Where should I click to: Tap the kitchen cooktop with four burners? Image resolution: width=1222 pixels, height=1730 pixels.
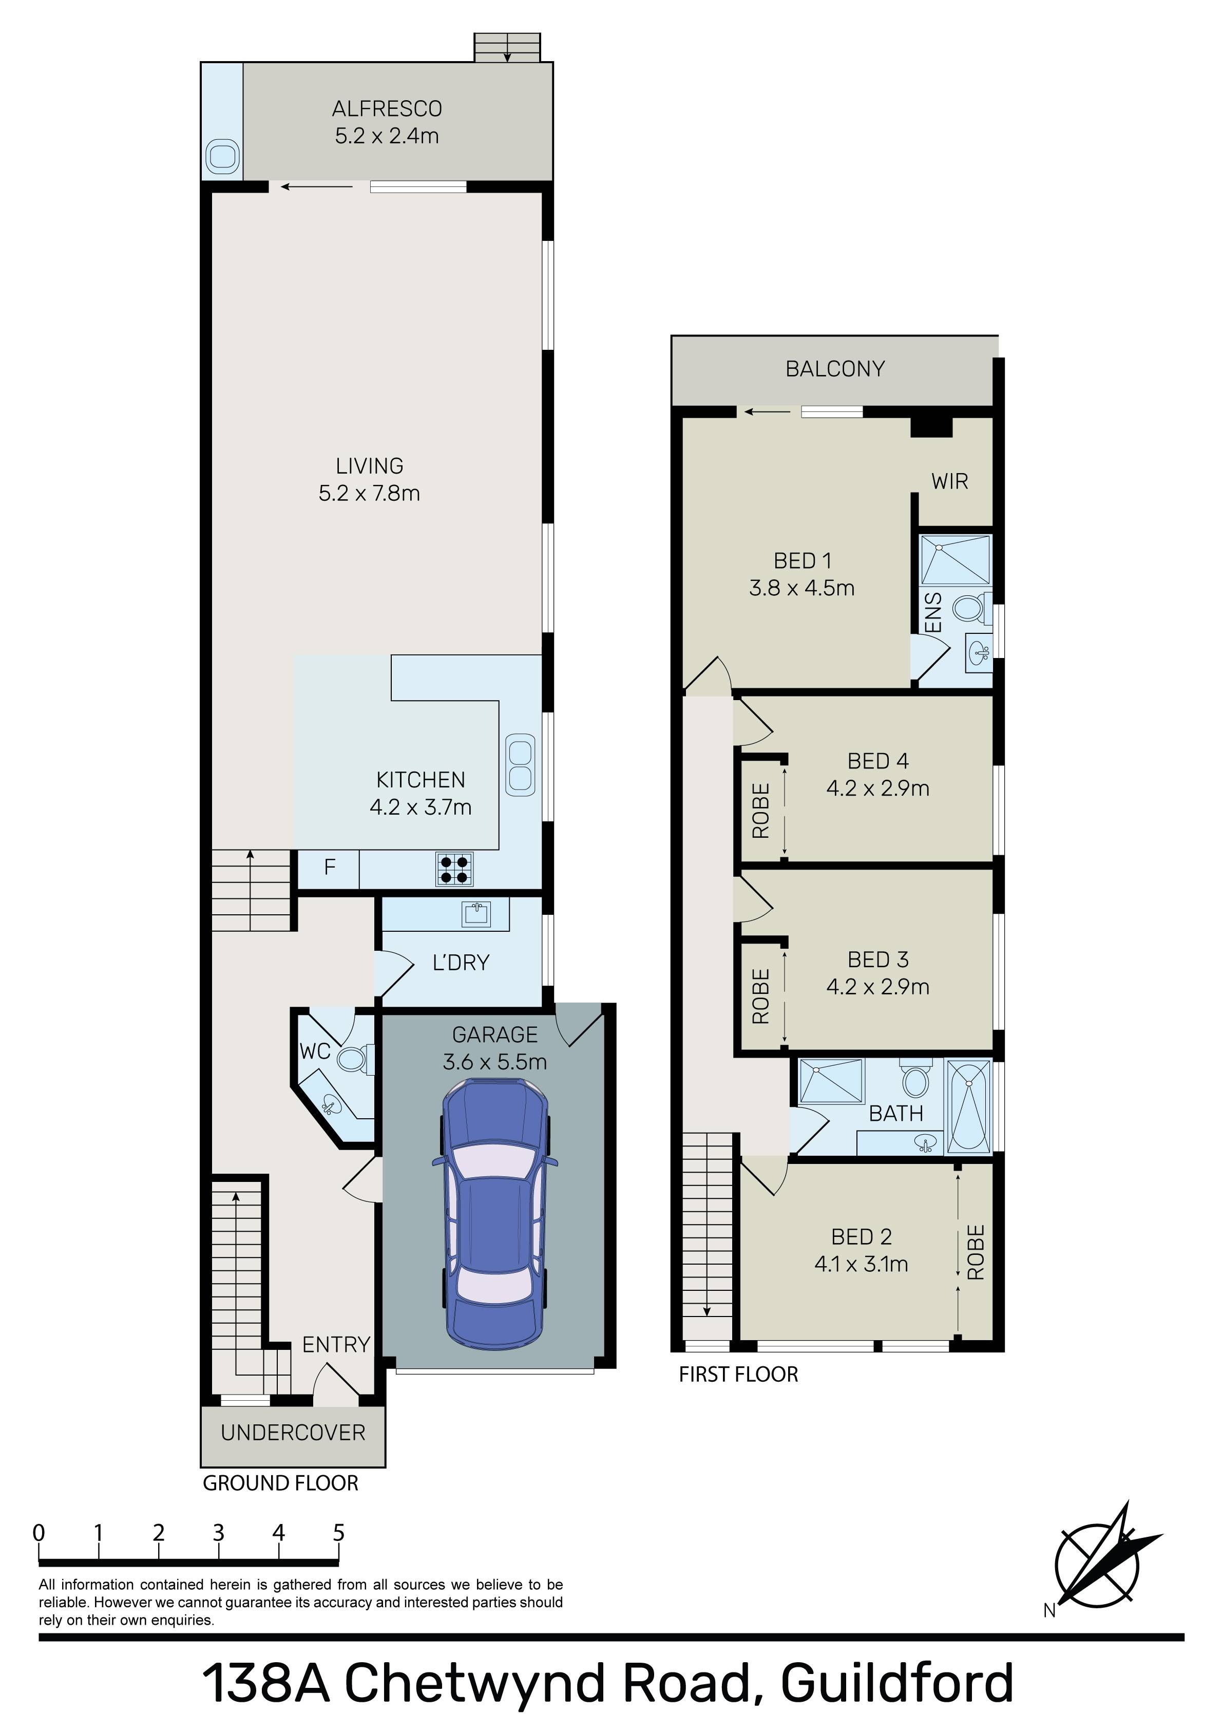point(455,869)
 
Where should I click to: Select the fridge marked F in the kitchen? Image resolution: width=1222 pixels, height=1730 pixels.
point(329,868)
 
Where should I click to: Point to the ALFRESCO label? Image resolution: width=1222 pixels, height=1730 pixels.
point(387,109)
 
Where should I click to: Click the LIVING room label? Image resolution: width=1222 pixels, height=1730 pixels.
point(370,466)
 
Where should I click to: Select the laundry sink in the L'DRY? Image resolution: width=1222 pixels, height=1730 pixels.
point(476,915)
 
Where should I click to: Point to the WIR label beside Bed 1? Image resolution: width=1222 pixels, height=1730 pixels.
point(949,481)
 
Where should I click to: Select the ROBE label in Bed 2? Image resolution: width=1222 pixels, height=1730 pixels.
point(976,1253)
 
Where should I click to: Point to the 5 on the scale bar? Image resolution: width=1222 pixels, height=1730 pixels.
point(338,1533)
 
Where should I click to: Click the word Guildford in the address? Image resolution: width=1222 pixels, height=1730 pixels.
point(898,1685)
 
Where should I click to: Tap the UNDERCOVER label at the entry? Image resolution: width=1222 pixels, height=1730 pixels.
point(293,1433)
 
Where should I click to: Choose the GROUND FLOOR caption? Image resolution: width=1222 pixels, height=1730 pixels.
point(280,1483)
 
